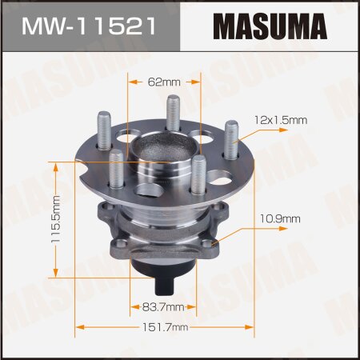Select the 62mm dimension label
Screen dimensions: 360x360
pyautogui.click(x=164, y=81)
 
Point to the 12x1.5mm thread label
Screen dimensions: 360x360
pyautogui.click(x=278, y=119)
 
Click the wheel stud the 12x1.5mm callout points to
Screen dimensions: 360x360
pyautogui.click(x=231, y=140)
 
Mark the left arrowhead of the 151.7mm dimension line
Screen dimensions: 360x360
pyautogui.click(x=78, y=326)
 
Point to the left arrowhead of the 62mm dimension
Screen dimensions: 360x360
pyautogui.click(x=130, y=81)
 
